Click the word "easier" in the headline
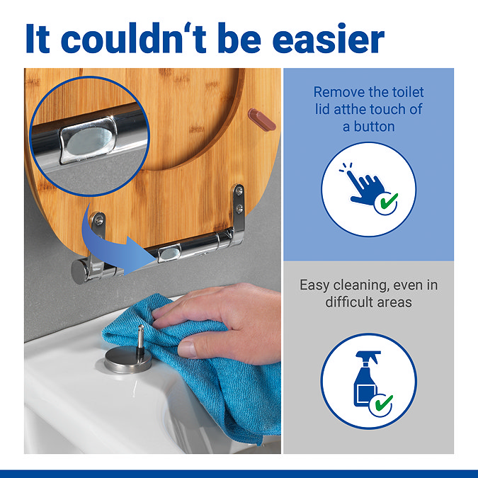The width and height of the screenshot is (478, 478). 329,40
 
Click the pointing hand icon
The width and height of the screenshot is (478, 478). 365,186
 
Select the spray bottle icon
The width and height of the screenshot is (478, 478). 367,379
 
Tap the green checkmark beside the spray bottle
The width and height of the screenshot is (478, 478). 384,403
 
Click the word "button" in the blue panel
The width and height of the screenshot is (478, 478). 375,127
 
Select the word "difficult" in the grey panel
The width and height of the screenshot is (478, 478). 349,302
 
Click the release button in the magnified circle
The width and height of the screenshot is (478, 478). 89,140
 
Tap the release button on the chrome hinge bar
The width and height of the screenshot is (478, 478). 169,254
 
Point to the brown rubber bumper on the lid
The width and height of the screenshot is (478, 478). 262,120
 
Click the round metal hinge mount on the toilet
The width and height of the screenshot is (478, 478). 128,359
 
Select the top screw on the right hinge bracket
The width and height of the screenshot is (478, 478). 239,190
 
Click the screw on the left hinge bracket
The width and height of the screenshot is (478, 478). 98,220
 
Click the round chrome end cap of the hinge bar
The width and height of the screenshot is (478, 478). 78,271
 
